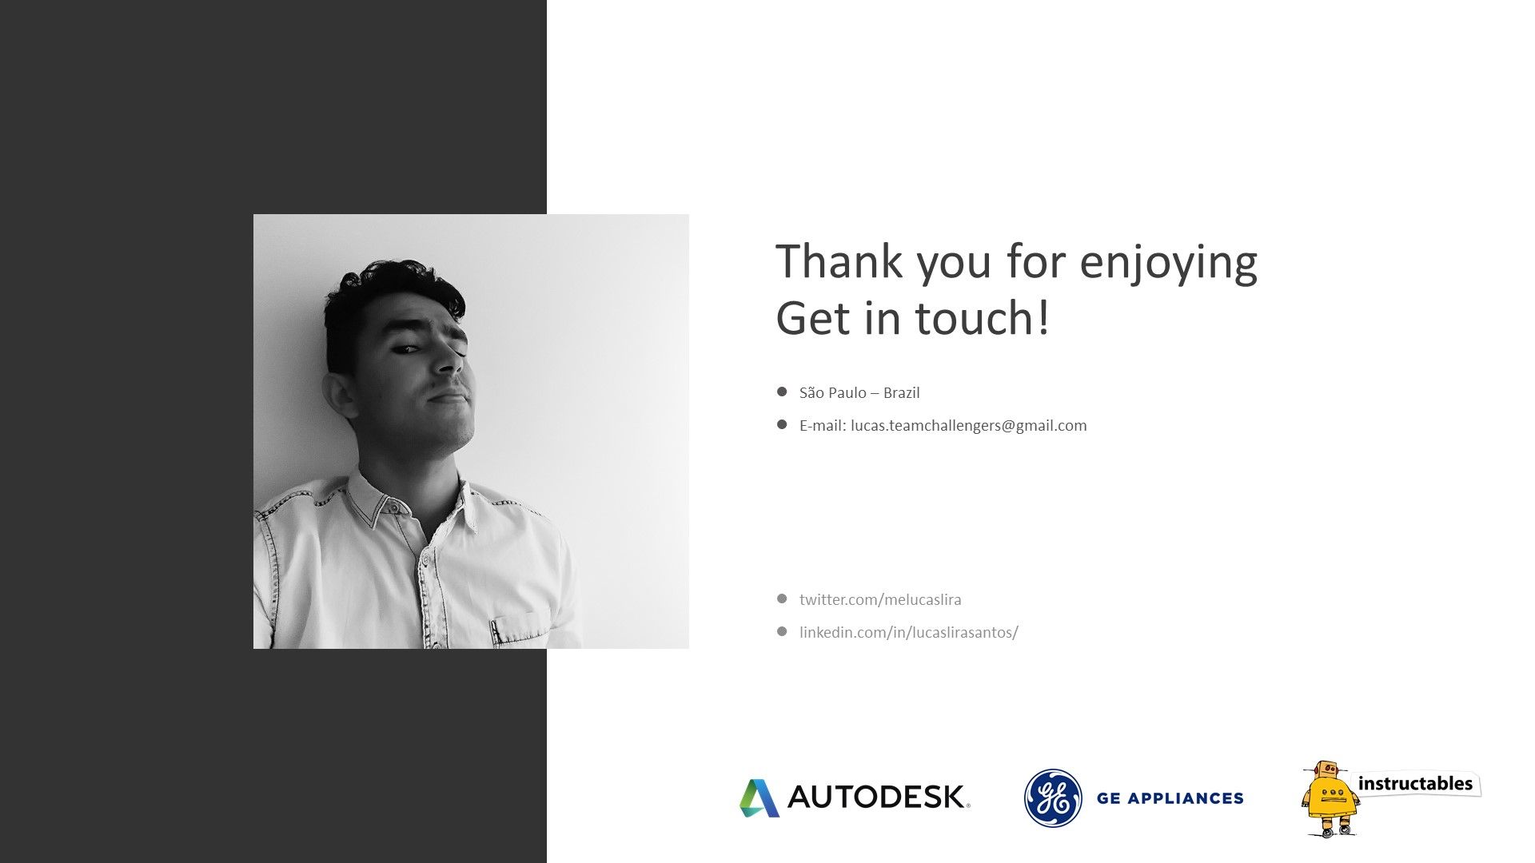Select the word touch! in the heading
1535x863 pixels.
982,317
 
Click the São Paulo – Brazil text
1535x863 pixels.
859,392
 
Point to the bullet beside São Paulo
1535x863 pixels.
782,392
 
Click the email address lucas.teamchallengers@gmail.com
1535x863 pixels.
969,425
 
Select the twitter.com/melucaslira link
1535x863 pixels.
880,599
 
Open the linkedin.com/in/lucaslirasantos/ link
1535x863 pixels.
909,632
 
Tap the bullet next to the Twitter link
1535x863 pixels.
782,599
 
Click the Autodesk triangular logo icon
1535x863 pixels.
759,797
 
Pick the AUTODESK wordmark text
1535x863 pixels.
879,797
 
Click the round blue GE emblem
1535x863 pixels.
1053,797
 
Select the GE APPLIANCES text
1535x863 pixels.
1170,797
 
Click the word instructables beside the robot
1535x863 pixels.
1415,784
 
